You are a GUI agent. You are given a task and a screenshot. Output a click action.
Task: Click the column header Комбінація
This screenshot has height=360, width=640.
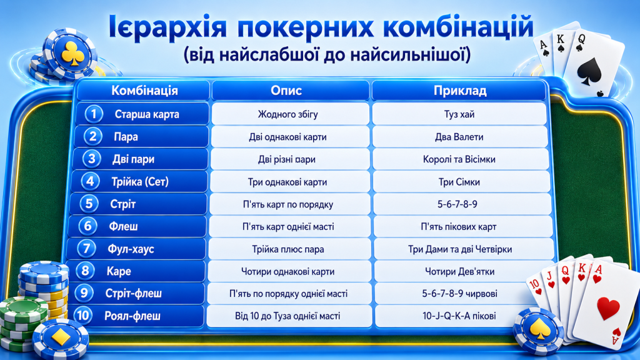pos(144,90)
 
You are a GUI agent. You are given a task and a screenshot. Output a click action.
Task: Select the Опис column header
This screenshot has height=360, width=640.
pos(286,90)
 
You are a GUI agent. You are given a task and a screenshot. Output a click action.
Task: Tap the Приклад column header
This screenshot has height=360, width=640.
pos(460,90)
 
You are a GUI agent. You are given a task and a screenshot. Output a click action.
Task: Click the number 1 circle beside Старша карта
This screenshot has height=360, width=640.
pos(94,114)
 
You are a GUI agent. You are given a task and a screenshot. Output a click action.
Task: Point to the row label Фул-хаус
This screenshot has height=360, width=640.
pos(131,249)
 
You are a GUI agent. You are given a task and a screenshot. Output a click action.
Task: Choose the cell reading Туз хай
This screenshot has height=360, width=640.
pos(459,114)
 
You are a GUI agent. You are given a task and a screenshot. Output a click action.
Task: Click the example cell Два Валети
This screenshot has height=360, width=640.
pos(459,137)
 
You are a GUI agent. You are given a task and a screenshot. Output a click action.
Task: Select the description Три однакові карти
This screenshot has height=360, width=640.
pos(287,182)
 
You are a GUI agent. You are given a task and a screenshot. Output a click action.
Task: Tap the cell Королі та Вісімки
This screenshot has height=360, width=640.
pos(459,159)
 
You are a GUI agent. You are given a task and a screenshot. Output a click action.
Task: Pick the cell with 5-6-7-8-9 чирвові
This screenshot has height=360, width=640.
pos(459,294)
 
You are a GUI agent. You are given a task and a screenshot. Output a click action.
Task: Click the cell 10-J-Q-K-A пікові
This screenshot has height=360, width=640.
pos(459,316)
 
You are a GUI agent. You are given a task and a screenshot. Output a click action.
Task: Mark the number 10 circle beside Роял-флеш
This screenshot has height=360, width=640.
pos(83,315)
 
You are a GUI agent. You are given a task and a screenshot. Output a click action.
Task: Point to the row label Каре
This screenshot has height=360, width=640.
pos(119,271)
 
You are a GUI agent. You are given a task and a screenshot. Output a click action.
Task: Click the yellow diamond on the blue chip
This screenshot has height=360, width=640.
pos(62,337)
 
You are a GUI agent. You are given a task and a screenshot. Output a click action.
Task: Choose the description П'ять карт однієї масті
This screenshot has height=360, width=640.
pos(287,226)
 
